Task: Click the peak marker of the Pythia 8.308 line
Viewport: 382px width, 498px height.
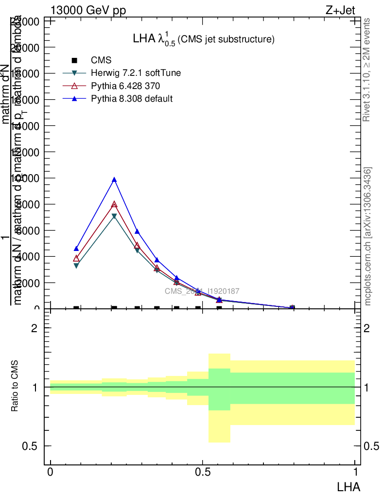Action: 114,180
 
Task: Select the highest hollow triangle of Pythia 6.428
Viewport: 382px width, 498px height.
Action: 114,205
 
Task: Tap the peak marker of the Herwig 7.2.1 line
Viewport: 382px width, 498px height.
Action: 114,216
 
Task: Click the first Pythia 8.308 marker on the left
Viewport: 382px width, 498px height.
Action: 76,249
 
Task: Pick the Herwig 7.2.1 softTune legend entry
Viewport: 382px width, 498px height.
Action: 136,73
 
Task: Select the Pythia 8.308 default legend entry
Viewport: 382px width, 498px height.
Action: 132,99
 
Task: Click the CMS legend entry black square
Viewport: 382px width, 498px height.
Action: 74,60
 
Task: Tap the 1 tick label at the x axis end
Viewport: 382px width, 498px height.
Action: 355,472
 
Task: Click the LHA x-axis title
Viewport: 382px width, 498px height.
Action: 349,486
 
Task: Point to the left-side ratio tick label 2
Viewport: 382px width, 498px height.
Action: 35,328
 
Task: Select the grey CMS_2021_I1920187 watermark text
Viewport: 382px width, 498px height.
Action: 202,291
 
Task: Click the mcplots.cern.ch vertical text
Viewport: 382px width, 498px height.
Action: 368,236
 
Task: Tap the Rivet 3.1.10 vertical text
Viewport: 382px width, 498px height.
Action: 367,70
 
